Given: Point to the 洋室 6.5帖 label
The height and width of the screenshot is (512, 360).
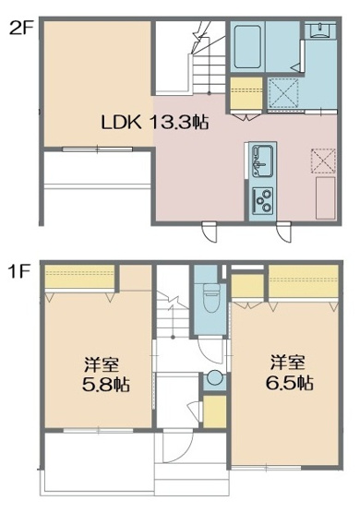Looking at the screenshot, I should pos(292,371).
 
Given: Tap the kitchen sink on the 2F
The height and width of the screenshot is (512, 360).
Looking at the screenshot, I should pos(262,160).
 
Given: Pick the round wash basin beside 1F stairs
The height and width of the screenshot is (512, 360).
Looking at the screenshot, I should pos(214,378).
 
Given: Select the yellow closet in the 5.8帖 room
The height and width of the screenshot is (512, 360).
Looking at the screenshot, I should pos(81,275).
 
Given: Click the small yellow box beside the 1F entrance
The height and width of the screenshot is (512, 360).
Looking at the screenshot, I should pos(213,411).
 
